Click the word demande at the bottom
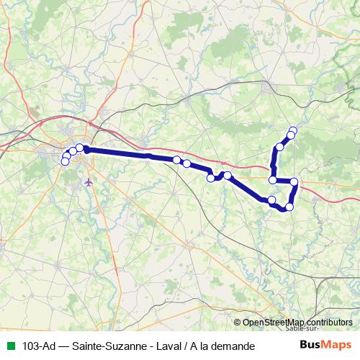(x=232, y=346)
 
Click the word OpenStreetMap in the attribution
(x=274, y=323)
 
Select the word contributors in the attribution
(x=329, y=323)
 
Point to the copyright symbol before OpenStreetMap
(x=238, y=323)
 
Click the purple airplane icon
(x=89, y=181)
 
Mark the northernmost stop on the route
(x=293, y=130)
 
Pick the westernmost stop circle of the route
(x=65, y=161)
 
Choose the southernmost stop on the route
(x=289, y=207)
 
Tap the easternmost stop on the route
(x=294, y=181)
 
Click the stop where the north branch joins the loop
(x=273, y=180)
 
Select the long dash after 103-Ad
(x=63, y=346)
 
